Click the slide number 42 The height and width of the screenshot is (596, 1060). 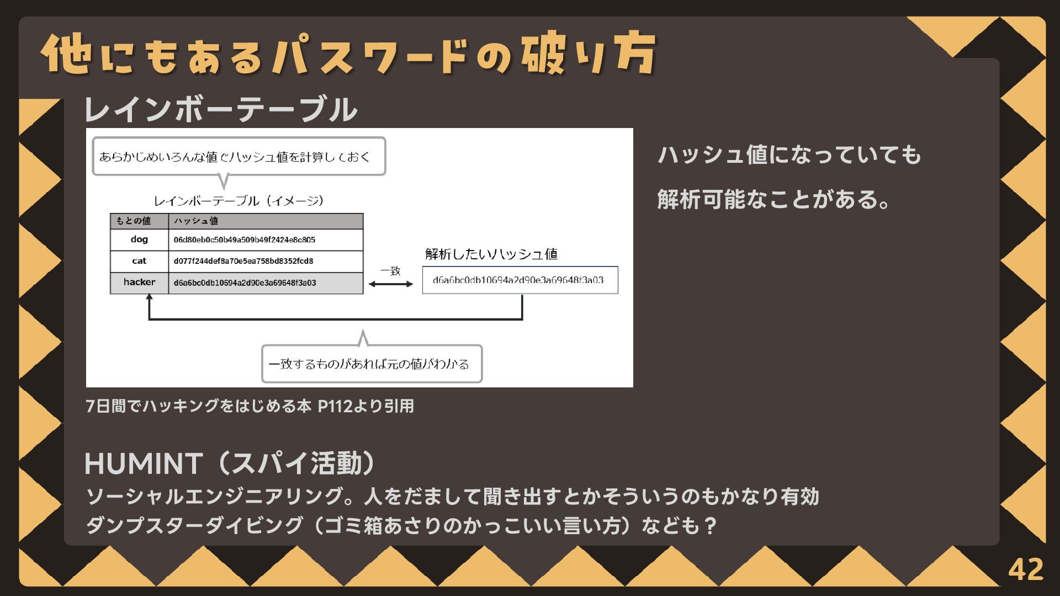tap(1026, 569)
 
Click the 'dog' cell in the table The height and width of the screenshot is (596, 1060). tap(139, 240)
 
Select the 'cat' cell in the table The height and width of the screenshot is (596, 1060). tap(139, 261)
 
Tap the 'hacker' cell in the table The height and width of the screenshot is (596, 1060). tap(139, 283)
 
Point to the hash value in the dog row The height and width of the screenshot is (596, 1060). tap(244, 240)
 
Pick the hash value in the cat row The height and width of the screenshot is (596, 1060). tap(243, 261)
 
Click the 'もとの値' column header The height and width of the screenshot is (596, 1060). tap(133, 221)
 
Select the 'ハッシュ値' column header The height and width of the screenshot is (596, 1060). tap(196, 221)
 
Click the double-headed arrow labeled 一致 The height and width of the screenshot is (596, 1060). tap(390, 284)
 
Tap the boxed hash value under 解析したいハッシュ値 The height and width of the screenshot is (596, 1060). tap(520, 280)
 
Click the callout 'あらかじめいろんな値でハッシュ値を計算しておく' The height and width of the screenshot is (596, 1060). tap(238, 157)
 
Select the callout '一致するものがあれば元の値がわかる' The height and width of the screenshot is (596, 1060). tap(371, 364)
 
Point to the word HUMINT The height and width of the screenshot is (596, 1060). tap(142, 464)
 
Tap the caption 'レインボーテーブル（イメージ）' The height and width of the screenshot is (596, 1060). tap(239, 201)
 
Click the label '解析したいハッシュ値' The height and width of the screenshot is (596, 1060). tap(491, 254)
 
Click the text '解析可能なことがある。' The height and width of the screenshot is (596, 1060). tap(773, 199)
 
